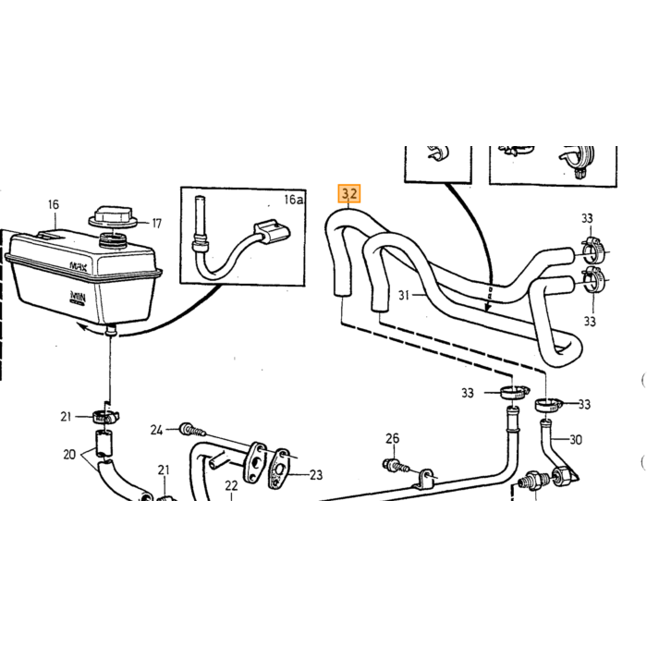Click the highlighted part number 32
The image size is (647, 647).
(x=349, y=193)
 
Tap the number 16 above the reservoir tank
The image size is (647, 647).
(x=54, y=204)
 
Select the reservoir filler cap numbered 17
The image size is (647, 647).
(x=112, y=217)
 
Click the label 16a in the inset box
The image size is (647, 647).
(x=293, y=200)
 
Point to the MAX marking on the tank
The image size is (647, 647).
(x=78, y=266)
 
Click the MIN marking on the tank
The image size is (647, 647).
(x=78, y=297)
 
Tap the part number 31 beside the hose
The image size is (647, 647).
(x=404, y=295)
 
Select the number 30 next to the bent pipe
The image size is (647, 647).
(x=576, y=440)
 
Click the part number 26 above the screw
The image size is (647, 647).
(x=393, y=438)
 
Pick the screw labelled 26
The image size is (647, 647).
(x=397, y=467)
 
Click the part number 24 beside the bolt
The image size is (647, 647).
(x=156, y=430)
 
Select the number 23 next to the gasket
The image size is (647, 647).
(x=316, y=475)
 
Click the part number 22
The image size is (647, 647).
(x=231, y=485)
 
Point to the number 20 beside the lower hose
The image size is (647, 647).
(x=69, y=455)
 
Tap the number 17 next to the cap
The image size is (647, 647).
(x=157, y=224)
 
